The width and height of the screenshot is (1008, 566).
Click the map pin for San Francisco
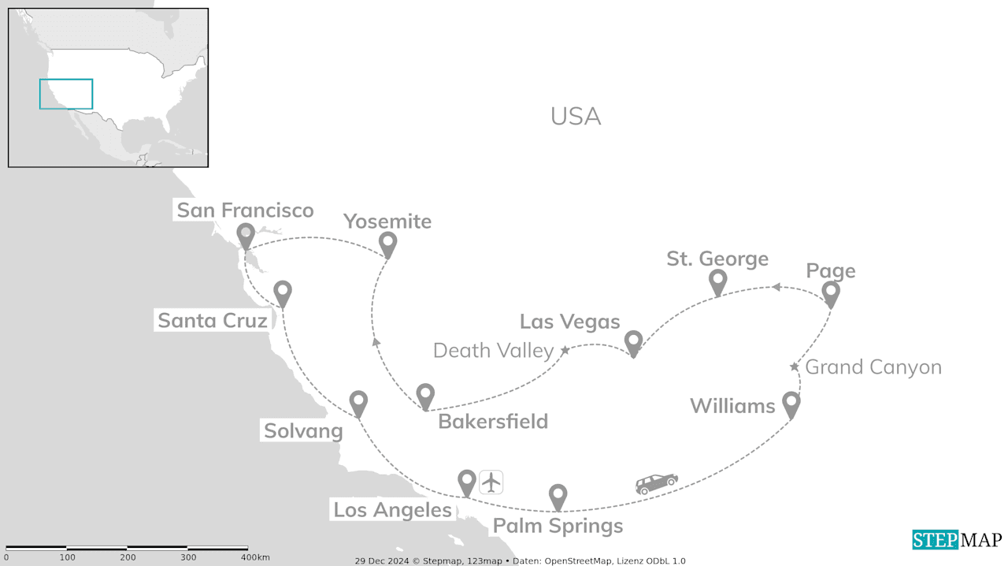pos(246,234)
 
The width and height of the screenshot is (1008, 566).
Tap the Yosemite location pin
pos(387,243)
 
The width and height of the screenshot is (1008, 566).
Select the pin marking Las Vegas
pos(633,341)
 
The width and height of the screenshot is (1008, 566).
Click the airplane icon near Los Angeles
pos(491,482)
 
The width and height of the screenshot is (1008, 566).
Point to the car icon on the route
pos(657,483)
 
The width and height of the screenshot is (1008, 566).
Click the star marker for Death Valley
pos(565,349)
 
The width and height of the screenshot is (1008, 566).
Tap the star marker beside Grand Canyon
pos(794,367)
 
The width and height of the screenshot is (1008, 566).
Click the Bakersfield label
pos(493,421)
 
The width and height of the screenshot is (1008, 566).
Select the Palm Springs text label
pos(558,525)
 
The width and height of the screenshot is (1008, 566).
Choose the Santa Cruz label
pos(213,320)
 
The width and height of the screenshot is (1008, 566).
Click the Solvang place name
pos(303,430)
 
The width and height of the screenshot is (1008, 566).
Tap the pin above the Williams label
pos(791,404)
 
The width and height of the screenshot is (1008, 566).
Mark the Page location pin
pos(831,292)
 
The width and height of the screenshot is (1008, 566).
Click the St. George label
pos(717,259)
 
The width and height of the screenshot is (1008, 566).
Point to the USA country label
pos(576,117)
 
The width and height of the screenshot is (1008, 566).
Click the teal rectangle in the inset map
pos(66,94)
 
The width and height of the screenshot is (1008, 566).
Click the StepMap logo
pos(957,540)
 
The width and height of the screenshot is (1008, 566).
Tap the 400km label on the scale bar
pos(255,557)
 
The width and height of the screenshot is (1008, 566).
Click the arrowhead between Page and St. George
pos(776,287)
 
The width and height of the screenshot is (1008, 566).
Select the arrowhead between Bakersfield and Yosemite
pos(376,341)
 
